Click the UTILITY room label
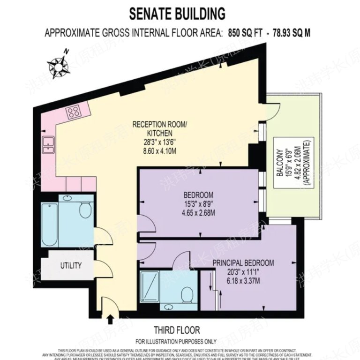(x=71, y=265)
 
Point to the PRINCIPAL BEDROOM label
(x=243, y=263)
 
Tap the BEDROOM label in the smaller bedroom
(x=198, y=195)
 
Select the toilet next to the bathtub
(x=84, y=210)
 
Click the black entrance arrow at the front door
(x=111, y=319)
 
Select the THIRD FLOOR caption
(x=177, y=330)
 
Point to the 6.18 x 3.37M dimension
(x=243, y=281)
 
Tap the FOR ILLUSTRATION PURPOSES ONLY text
(x=176, y=341)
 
